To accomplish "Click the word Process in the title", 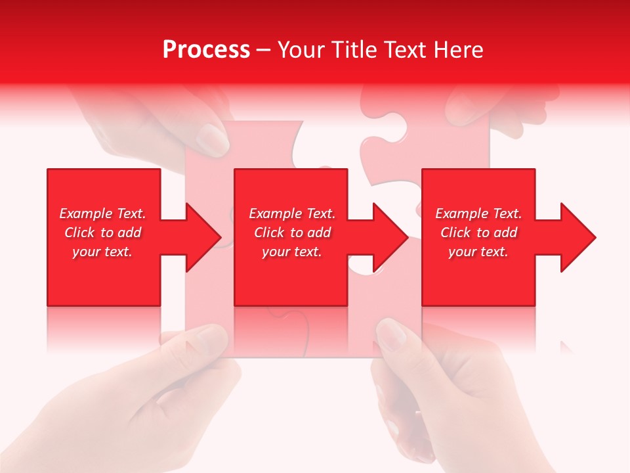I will point(206,50).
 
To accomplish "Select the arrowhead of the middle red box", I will point(390,237).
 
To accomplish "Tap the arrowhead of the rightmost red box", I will point(577,237).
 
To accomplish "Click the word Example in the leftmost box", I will point(86,214).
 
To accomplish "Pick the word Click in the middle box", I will point(268,233).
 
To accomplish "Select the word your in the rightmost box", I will point(462,252).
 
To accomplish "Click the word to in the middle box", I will point(296,233).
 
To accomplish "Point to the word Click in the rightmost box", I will point(455,233).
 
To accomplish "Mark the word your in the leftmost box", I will point(86,252).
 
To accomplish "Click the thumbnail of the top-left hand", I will point(213,139).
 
